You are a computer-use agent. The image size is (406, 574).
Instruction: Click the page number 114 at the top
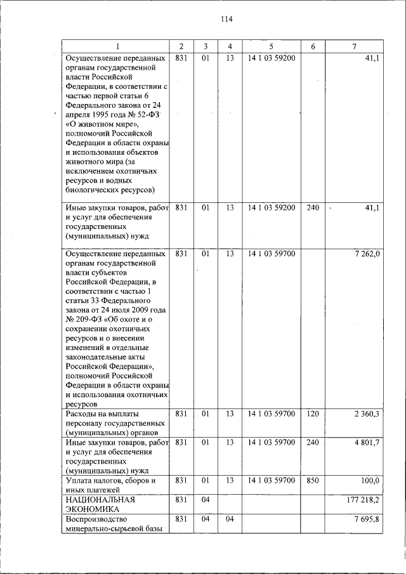[x=227, y=19]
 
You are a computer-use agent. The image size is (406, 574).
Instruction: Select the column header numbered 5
[x=271, y=46]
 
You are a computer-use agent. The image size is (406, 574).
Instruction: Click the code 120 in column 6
[x=312, y=414]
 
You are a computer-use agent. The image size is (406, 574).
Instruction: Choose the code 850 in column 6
[x=312, y=481]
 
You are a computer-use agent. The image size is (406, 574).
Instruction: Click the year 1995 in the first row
[x=96, y=115]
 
